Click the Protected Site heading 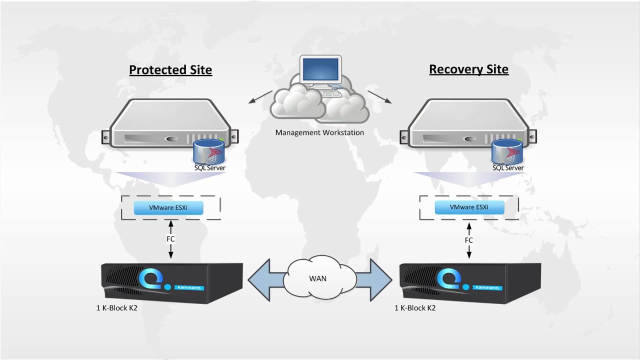coord(170,69)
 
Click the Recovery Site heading coord(468,69)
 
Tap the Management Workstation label coord(319,132)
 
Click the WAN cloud coord(318,278)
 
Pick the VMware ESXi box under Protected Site coord(168,207)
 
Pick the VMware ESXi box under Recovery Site coord(469,207)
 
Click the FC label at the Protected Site coord(170,239)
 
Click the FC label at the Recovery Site coord(468,240)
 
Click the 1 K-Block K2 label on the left coord(116,308)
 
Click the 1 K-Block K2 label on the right coord(415,308)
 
